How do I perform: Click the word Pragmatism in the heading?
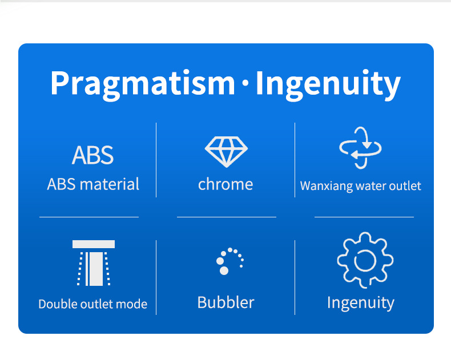(x=143, y=84)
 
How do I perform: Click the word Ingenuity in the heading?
(x=328, y=84)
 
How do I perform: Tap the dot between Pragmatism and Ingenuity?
(x=245, y=83)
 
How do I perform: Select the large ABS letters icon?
(x=92, y=155)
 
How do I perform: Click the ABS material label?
(x=93, y=184)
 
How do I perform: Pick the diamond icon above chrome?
(x=226, y=152)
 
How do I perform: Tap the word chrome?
(x=226, y=184)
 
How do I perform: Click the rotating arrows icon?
(x=360, y=148)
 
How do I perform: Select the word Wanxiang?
(x=327, y=187)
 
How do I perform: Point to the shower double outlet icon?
(x=94, y=263)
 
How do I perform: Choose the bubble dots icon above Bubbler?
(x=230, y=261)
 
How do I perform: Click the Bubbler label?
(x=226, y=302)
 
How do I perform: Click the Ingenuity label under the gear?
(x=361, y=303)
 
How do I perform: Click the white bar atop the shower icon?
(x=94, y=244)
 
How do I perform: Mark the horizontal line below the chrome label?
(x=227, y=217)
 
